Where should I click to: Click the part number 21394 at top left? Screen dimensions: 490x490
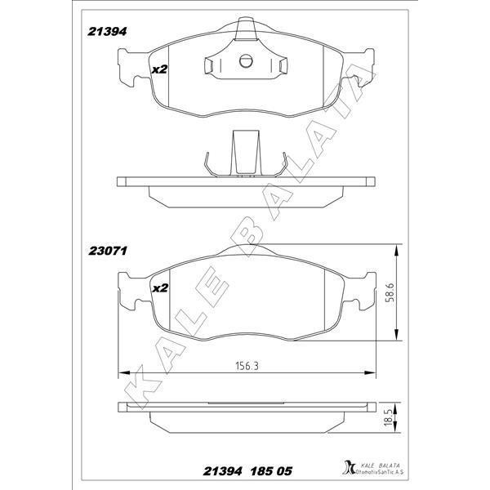tap(107, 32)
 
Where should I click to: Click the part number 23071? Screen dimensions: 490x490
tap(108, 251)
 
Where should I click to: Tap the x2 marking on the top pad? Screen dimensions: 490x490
tap(160, 69)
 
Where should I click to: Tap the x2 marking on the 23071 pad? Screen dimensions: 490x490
tap(160, 288)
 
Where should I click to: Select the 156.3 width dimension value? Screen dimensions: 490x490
tap(247, 366)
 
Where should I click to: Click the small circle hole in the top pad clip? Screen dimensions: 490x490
tap(246, 61)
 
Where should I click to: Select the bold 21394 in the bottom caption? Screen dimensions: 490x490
tap(222, 471)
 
